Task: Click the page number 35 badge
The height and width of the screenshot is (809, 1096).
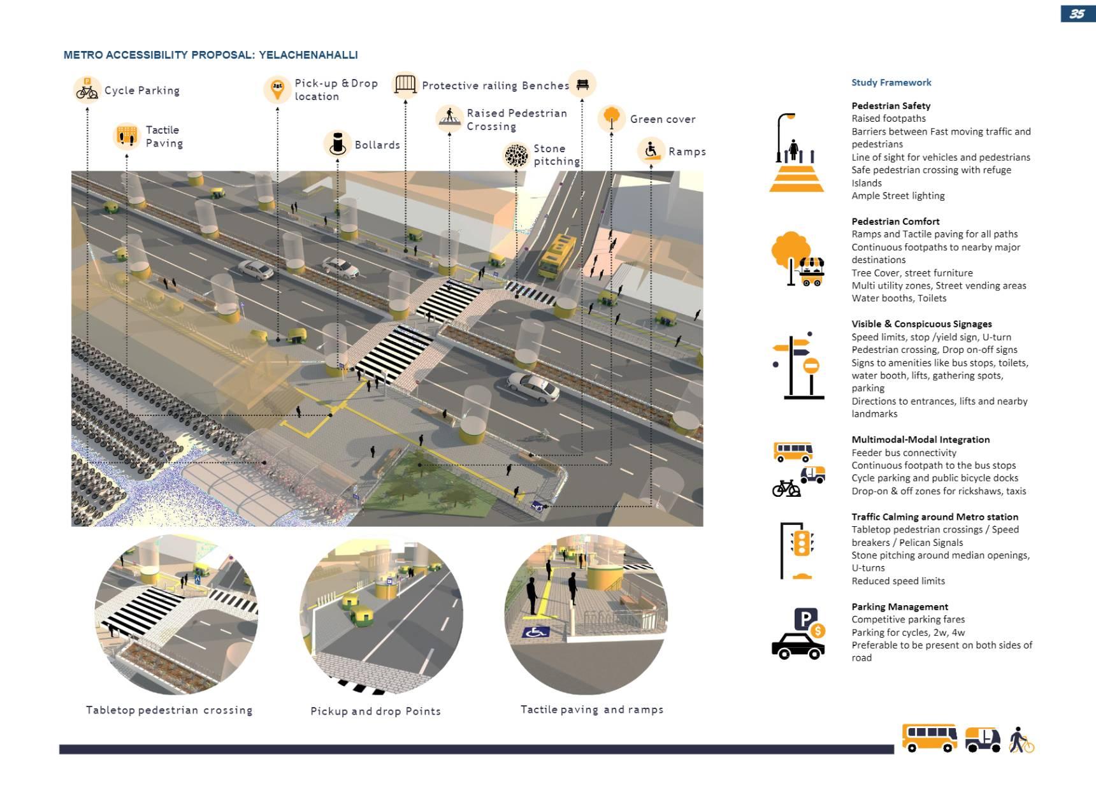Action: point(1078,14)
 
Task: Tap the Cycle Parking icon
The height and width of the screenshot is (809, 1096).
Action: point(87,89)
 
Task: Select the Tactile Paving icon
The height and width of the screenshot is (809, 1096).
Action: point(126,136)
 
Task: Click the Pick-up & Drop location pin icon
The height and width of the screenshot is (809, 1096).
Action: point(277,89)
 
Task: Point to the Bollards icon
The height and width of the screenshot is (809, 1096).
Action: point(337,143)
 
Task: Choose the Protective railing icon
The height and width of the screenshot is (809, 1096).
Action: point(405,84)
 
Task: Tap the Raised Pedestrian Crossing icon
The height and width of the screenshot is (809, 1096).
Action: point(449,118)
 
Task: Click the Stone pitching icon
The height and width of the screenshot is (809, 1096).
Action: point(516,155)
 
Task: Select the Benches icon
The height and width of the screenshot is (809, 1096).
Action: point(582,83)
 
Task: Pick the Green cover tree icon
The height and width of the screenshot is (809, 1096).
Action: point(611,118)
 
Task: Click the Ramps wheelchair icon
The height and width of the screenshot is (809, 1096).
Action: point(651,150)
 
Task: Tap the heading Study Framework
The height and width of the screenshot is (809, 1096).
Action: point(891,82)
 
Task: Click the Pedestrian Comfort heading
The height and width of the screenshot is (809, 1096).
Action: point(895,221)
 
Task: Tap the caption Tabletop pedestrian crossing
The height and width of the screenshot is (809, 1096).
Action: point(169,710)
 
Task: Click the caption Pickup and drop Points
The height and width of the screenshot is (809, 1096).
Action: point(375,711)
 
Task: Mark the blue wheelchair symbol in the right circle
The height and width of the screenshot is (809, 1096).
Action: point(536,633)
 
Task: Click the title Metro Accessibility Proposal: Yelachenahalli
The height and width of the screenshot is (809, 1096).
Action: point(210,55)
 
